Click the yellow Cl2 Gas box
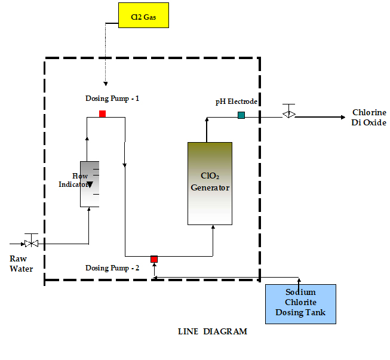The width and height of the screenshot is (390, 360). pyautogui.click(x=143, y=16)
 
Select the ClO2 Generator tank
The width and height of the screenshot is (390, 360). pyautogui.click(x=210, y=183)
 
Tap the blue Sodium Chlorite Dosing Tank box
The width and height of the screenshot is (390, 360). pyautogui.click(x=300, y=304)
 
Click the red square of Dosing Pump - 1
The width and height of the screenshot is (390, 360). pyautogui.click(x=103, y=113)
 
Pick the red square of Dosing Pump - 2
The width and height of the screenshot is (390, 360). pyautogui.click(x=154, y=259)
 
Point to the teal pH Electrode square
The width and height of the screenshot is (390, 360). pyautogui.click(x=241, y=115)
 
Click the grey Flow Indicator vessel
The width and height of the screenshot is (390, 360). pyautogui.click(x=90, y=184)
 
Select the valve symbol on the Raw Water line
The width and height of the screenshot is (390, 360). pyautogui.click(x=31, y=242)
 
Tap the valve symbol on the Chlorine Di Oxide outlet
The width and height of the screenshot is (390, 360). pyautogui.click(x=288, y=113)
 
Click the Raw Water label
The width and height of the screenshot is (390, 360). pyautogui.click(x=22, y=264)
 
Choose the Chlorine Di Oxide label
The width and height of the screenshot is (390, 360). pyautogui.click(x=369, y=118)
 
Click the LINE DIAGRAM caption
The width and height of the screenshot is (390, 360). pyautogui.click(x=213, y=331)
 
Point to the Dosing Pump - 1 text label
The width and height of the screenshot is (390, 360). pyautogui.click(x=112, y=98)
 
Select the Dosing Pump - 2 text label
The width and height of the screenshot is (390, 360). pyautogui.click(x=112, y=268)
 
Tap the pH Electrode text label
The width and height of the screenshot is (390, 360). pyautogui.click(x=237, y=101)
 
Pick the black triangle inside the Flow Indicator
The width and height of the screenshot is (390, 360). pyautogui.click(x=90, y=184)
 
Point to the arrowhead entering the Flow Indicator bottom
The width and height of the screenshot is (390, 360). pyautogui.click(x=88, y=209)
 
